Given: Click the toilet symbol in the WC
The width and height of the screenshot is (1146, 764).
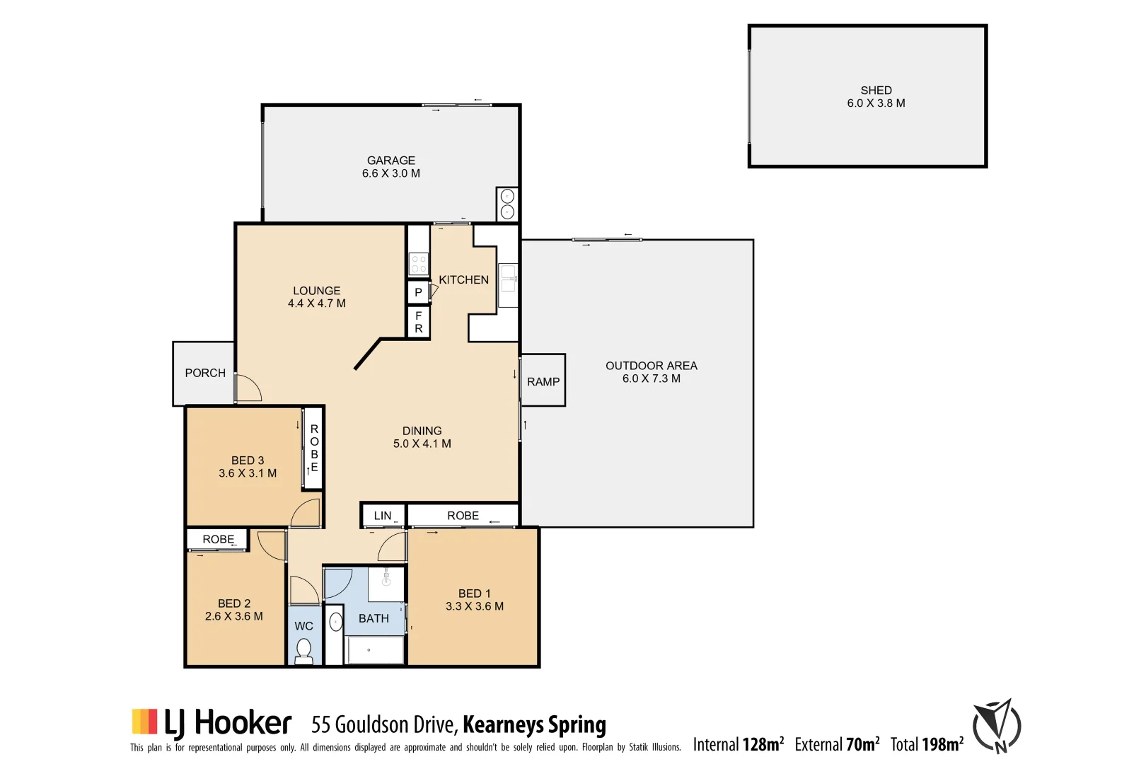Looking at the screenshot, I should [304, 649].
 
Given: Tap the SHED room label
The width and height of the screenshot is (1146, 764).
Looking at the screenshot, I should [876, 91].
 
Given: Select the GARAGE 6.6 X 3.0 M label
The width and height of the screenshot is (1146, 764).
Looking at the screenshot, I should [391, 167].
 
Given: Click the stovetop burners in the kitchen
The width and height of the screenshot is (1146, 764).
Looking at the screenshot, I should [419, 264].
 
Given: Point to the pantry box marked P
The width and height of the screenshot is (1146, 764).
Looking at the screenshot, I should [418, 292].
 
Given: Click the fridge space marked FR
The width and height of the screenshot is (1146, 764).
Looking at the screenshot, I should [418, 322].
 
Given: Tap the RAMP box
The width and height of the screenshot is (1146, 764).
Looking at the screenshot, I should [543, 381].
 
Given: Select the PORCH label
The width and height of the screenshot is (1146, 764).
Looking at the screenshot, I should [205, 373].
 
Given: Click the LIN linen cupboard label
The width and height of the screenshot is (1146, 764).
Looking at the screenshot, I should [383, 516].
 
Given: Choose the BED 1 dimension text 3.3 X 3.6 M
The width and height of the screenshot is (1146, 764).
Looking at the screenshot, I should [475, 606].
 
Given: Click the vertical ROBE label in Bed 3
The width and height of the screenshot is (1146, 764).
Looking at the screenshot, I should [314, 448].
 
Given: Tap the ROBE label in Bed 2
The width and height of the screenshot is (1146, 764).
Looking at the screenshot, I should [218, 539].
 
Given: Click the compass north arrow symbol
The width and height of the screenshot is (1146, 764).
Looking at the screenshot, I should [997, 726].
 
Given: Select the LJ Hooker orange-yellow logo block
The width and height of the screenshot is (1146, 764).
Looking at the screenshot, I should [144, 722].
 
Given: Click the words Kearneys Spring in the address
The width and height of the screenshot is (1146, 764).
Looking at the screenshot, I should [534, 725].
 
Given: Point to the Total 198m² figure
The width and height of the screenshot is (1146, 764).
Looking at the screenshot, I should [927, 744].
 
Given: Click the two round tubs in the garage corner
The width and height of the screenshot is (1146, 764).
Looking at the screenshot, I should [507, 204].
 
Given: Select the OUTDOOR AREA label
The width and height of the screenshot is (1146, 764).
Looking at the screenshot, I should [651, 366].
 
